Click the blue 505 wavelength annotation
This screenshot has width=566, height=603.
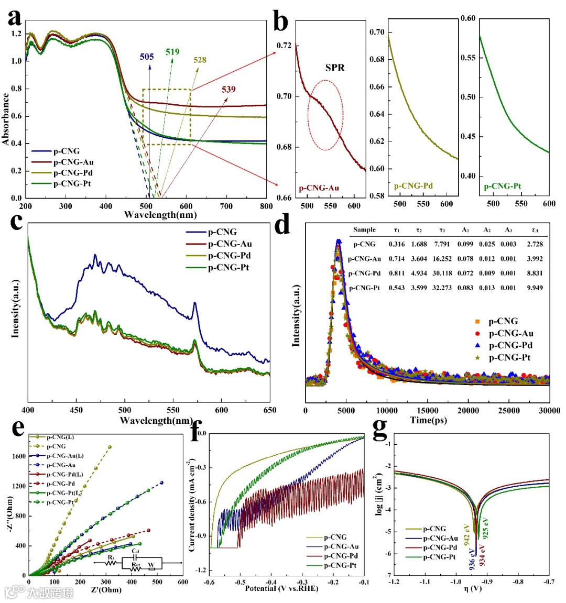pyautogui.click(x=147, y=57)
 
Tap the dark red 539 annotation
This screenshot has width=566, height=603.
pyautogui.click(x=228, y=89)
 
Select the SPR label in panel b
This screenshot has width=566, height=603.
pyautogui.click(x=335, y=68)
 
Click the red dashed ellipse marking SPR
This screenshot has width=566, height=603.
pyautogui.click(x=325, y=115)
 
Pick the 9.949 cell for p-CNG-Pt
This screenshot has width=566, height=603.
pyautogui.click(x=535, y=288)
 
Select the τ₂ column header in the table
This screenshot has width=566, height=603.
pyautogui.click(x=419, y=230)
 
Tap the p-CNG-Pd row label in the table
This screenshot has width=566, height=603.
pyautogui.click(x=364, y=273)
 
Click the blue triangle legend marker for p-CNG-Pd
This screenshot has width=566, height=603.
pyautogui.click(x=477, y=345)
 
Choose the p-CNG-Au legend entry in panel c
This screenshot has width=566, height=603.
pyautogui.click(x=230, y=244)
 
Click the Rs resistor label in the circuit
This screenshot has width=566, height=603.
pyautogui.click(x=111, y=558)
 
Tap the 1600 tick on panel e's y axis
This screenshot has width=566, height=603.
pyautogui.click(x=19, y=456)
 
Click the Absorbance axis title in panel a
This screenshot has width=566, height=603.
pyautogui.click(x=6, y=119)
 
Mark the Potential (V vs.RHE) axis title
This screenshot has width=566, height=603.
pyautogui.click(x=281, y=588)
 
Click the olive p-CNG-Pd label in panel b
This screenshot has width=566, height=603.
pyautogui.click(x=413, y=185)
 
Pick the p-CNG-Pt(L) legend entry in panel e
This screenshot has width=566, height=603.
pyautogui.click(x=64, y=493)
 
